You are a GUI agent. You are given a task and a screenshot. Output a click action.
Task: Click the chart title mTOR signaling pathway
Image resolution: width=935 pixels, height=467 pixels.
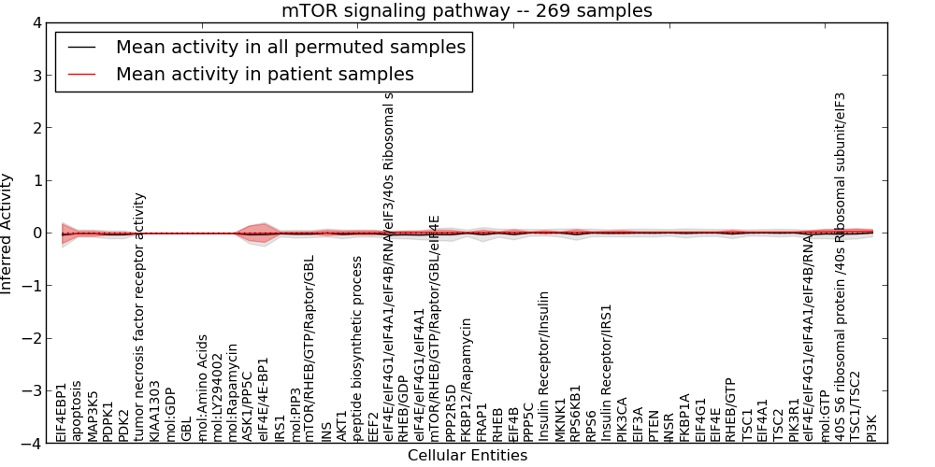(467, 10)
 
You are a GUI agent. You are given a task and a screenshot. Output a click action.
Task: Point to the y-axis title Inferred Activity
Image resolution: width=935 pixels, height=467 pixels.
(7, 233)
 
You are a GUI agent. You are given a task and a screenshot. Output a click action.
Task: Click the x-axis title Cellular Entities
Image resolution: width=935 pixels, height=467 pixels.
(467, 456)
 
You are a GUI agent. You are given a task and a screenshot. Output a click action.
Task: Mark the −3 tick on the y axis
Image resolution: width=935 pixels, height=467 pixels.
(33, 391)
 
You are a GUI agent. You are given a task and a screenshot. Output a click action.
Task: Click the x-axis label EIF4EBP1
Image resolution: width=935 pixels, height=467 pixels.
(62, 411)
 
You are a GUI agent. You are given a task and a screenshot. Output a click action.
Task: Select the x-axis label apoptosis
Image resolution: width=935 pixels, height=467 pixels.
(78, 410)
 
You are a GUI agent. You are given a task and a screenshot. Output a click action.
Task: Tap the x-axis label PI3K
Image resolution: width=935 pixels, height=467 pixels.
(872, 428)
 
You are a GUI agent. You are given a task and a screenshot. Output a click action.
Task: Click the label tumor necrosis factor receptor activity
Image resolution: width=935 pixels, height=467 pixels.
(140, 317)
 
